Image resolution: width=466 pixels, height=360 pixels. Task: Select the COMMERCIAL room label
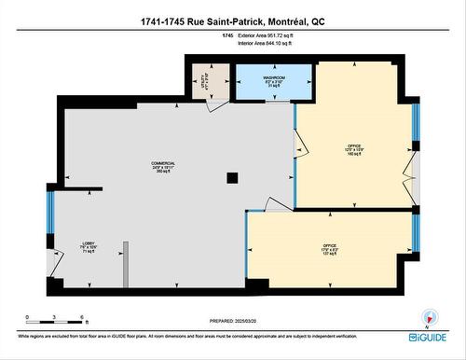(163, 167)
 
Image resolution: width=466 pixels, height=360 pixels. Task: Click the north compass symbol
(429, 316)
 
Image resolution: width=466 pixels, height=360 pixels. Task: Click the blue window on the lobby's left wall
(50, 213)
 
